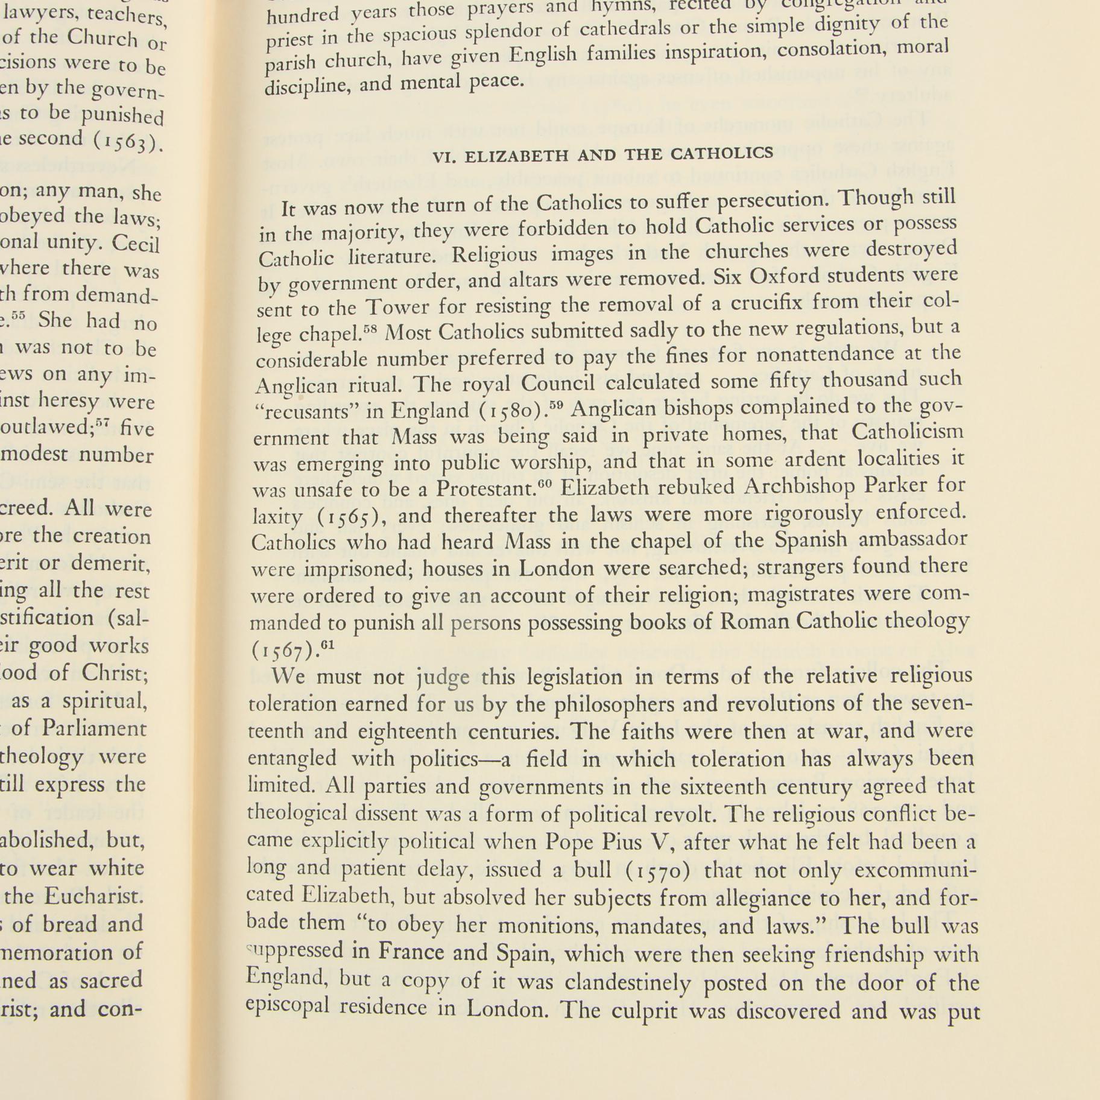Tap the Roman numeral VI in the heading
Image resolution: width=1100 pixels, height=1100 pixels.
[x=444, y=157]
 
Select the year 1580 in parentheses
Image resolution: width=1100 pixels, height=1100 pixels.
[x=514, y=411]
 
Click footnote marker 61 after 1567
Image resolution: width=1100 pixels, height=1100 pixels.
[x=327, y=645]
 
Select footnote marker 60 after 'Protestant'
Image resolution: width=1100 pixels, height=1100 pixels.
[x=545, y=485]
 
